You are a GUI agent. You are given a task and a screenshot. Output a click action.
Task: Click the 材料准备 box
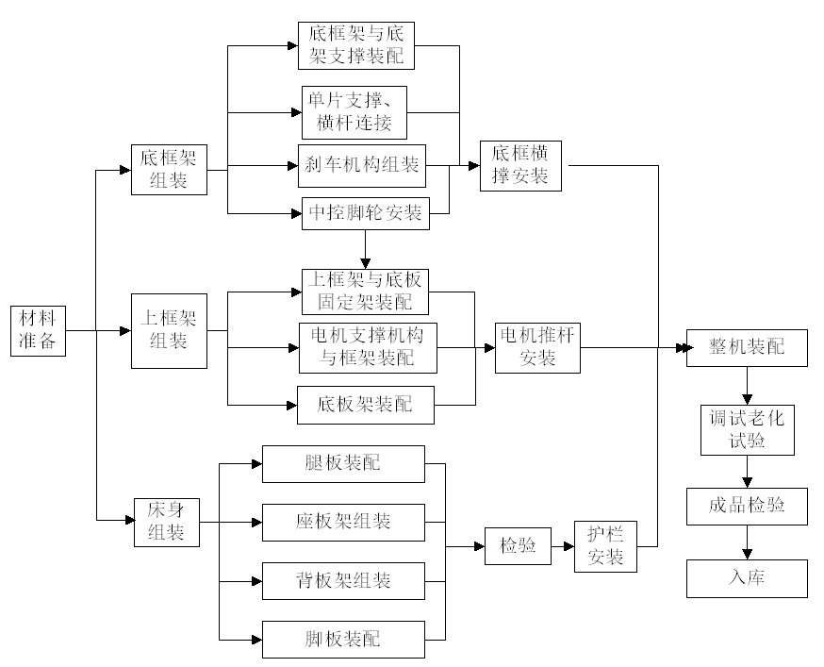40,330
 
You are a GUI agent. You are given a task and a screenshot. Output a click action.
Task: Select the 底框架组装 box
168,169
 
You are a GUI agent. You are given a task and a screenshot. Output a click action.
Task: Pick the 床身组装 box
168,521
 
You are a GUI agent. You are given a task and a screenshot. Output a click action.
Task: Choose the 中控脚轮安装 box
366,213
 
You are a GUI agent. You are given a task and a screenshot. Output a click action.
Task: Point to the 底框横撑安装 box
521,166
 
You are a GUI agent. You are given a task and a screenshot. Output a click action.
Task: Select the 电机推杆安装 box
538,346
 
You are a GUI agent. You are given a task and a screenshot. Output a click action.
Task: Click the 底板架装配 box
366,405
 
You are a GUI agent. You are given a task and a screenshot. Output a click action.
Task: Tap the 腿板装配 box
343,463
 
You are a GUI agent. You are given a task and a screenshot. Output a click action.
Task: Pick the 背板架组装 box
343,580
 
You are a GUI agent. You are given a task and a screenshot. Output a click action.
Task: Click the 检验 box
518,546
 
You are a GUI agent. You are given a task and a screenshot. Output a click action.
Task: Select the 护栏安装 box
605,546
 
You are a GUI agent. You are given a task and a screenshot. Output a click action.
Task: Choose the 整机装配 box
747,347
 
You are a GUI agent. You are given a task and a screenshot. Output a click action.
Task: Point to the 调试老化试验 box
747,429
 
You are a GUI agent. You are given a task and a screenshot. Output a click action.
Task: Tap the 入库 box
747,577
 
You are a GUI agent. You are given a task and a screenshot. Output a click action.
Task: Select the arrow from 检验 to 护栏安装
563,546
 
